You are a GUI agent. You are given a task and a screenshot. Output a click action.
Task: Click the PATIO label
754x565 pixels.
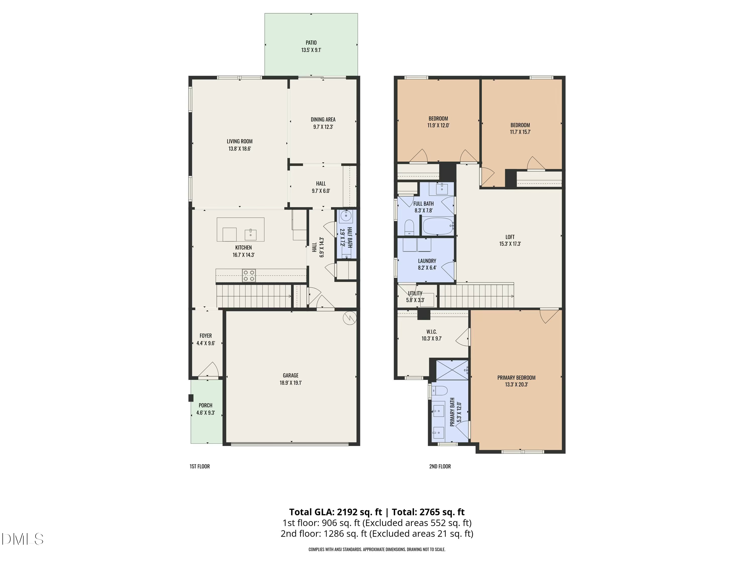311,43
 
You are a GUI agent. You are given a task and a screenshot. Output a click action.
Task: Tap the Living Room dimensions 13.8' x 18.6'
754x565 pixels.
240,148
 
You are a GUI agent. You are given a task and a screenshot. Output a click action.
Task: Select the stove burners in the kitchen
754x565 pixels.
249,275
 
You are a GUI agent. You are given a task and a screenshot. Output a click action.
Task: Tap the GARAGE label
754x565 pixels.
291,375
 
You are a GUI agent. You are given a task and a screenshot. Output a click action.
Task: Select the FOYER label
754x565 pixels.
206,336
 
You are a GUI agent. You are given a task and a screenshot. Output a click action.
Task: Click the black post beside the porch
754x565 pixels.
191,398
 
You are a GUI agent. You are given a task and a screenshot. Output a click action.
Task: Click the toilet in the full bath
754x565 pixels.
409,227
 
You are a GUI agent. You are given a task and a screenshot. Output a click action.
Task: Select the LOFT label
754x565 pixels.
510,237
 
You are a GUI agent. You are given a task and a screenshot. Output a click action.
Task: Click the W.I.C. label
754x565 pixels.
432,332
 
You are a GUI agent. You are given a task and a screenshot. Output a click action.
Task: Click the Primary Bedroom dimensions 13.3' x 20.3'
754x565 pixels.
516,384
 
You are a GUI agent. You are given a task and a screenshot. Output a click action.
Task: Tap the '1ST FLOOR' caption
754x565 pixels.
200,466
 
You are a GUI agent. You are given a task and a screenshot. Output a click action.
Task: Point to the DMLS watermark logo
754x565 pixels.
23,539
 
